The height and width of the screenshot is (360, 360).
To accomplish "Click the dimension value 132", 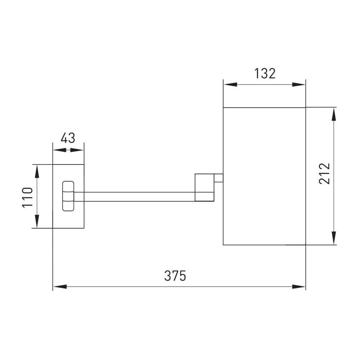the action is (x=265, y=73).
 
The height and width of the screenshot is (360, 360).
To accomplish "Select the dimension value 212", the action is (x=324, y=174).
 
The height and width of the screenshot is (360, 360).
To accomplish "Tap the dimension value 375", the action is (x=175, y=276).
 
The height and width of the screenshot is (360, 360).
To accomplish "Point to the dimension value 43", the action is (x=68, y=138).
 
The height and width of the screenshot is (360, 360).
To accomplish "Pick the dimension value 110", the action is (x=27, y=197).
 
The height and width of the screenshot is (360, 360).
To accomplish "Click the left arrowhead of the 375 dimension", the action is (x=60, y=287).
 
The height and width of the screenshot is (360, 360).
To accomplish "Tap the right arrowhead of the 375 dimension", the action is (x=299, y=287).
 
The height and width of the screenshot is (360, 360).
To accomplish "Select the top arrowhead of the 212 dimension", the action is (x=334, y=114).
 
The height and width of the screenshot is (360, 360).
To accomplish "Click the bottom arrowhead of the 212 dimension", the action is (x=334, y=238).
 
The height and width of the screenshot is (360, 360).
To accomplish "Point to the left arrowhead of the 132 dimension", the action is (x=230, y=85).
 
